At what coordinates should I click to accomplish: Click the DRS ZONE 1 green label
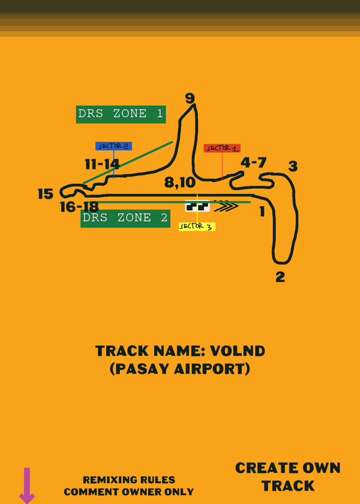tap(120, 115)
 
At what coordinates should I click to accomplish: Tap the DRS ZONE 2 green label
tap(125, 218)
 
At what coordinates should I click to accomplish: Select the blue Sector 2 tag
tap(113, 146)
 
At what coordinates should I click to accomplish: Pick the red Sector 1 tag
tap(222, 148)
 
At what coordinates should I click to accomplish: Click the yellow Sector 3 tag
tap(197, 227)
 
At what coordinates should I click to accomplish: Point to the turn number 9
tap(190, 98)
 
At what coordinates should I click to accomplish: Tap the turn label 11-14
tap(102, 164)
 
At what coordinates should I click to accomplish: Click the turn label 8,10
tap(180, 183)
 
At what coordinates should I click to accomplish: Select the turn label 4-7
tap(253, 163)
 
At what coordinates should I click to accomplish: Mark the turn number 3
tap(293, 166)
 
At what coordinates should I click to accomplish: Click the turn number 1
tap(262, 212)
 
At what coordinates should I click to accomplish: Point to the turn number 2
tap(280, 277)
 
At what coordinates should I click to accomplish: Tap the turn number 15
tap(45, 194)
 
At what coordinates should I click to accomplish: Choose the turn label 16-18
tap(79, 207)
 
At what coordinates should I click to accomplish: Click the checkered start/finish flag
tap(197, 206)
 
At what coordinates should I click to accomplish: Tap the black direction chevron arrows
tap(226, 206)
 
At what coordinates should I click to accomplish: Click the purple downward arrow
tap(27, 485)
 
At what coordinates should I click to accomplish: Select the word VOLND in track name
tap(238, 351)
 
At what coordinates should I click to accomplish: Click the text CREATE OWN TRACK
tap(287, 477)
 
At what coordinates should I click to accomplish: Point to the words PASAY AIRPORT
tap(180, 369)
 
